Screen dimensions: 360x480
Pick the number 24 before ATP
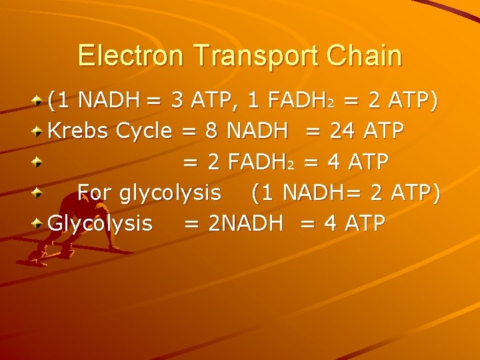pyautogui.click(x=343, y=131)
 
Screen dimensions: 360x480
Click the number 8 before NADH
pyautogui.click(x=212, y=131)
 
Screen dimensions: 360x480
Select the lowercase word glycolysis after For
pyautogui.click(x=170, y=193)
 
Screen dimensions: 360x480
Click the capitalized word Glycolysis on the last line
pyautogui.click(x=100, y=223)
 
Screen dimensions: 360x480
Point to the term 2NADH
pyautogui.click(x=245, y=223)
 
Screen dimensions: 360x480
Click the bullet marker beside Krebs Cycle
pyautogui.click(x=39, y=131)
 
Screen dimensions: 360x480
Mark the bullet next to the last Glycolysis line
pyautogui.click(x=39, y=223)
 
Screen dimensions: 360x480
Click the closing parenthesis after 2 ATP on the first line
pyautogui.click(x=435, y=101)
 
